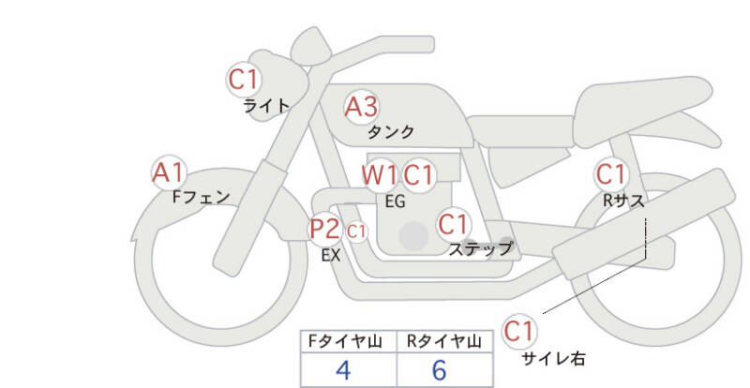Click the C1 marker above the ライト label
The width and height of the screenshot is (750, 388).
[x=244, y=80]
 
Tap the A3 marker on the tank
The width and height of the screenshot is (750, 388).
[x=362, y=107]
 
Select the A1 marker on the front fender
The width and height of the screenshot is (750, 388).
[x=169, y=172]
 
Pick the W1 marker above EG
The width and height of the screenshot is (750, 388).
[x=380, y=175]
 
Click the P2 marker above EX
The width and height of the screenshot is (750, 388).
[x=325, y=229]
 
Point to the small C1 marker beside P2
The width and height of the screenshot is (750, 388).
[x=356, y=232]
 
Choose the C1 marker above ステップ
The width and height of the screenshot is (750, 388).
[x=454, y=224]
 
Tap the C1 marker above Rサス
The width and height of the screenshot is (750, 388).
[x=611, y=174]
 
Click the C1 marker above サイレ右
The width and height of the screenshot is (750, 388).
[x=519, y=331]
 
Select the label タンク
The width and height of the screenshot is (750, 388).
[x=391, y=131]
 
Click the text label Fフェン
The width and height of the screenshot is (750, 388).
[x=201, y=197]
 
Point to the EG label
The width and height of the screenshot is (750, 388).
[x=395, y=201]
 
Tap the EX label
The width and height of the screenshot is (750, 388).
[x=331, y=256]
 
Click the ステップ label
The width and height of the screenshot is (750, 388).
[x=480, y=248]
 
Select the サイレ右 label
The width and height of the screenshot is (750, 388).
[x=553, y=358]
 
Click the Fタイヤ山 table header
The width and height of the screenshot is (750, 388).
[x=345, y=341]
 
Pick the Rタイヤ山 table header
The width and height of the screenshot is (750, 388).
[x=444, y=341]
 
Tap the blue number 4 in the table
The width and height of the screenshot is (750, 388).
[x=343, y=370]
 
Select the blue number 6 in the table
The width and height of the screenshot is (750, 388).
[x=439, y=370]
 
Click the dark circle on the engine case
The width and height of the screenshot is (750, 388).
[x=413, y=236]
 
